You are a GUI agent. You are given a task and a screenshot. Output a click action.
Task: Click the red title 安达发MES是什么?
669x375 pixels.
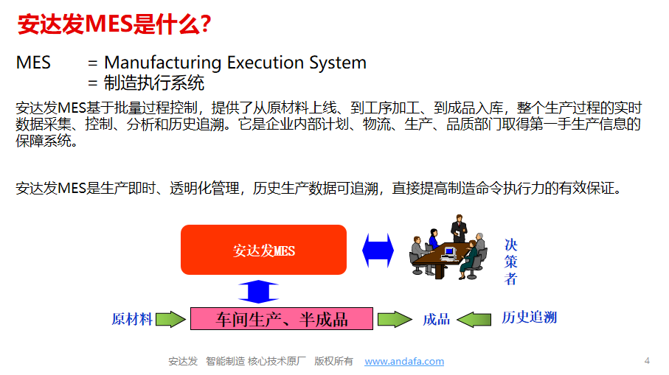tap(114, 24)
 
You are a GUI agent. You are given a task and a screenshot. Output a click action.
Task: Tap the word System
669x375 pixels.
tap(338, 63)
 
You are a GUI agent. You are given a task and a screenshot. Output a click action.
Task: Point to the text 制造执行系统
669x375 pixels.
tap(154, 83)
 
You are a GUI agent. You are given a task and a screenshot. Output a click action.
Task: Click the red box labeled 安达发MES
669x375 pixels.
tap(263, 250)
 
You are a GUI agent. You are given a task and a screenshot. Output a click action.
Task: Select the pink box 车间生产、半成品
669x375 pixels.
tap(282, 319)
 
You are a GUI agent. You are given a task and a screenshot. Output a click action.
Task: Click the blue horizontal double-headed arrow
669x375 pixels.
tap(378, 250)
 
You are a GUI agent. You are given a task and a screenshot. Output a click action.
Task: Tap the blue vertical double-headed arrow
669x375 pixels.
tap(258, 292)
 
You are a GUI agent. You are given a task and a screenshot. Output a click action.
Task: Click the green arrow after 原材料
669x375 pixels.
tap(170, 319)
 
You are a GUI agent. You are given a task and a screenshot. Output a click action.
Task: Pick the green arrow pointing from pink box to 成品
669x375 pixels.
tap(395, 319)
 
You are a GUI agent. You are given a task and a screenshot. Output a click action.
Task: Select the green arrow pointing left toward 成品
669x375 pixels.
tap(474, 319)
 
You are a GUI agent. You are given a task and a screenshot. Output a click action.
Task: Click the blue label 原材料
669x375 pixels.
tap(132, 319)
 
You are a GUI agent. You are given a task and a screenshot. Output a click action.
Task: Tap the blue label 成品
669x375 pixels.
tap(436, 319)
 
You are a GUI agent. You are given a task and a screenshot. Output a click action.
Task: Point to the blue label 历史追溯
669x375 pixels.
tap(529, 318)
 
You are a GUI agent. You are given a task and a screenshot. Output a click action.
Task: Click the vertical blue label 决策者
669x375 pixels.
tap(510, 262)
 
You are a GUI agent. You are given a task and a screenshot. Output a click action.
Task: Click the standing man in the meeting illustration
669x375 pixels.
tap(459, 229)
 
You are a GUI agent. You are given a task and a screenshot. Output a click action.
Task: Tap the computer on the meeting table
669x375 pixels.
tap(449, 254)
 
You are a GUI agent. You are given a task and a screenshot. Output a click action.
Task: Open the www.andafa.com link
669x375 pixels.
tap(404, 361)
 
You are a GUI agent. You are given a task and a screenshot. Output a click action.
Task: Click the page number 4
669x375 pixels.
tap(647, 361)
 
